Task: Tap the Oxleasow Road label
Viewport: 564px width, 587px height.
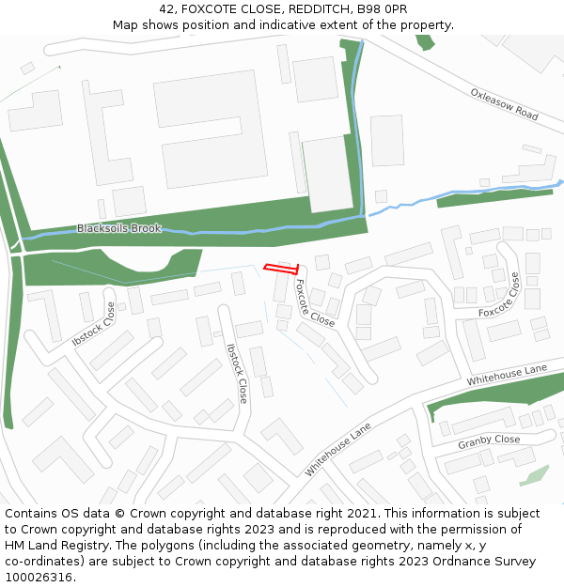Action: pos(505,104)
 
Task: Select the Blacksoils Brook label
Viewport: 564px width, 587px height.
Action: pos(118,228)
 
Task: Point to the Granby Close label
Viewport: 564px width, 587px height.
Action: pos(489,440)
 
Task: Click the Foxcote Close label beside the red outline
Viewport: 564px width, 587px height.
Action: pos(315,302)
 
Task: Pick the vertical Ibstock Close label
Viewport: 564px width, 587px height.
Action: pos(237,373)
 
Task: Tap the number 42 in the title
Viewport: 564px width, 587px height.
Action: pos(167,9)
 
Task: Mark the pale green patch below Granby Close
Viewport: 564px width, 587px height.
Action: pos(534,475)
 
